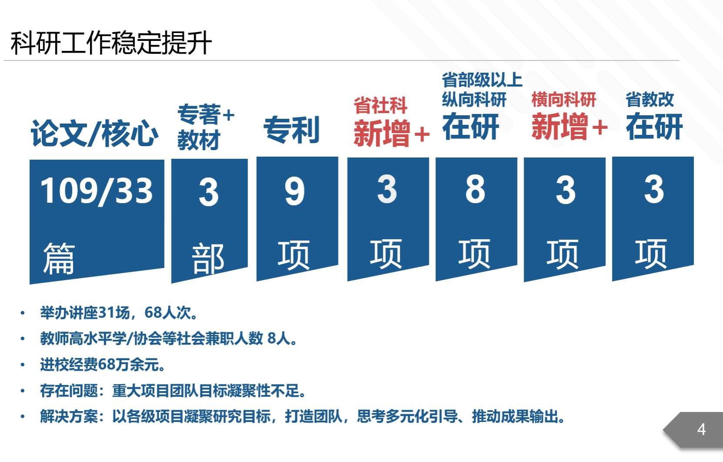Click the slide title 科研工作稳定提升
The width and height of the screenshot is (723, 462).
111,43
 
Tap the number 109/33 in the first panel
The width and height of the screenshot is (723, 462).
97,191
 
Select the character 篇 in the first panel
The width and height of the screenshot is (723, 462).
59,258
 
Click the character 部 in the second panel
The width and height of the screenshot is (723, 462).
208,258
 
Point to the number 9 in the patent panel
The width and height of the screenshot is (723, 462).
295,191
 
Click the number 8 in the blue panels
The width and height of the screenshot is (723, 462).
475,189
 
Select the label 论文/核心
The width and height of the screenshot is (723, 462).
94,133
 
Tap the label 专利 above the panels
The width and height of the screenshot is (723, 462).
291,130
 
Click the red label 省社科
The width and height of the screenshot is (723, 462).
380,105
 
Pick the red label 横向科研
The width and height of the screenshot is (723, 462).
563,100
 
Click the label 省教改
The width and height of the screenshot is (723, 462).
650,100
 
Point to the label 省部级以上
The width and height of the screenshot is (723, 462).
482,80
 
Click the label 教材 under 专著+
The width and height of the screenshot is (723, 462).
199,140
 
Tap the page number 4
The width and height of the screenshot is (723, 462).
701,429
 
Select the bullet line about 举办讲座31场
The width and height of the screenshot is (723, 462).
118,313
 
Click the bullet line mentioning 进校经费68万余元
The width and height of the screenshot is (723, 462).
102,365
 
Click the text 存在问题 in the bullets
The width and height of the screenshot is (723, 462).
69,391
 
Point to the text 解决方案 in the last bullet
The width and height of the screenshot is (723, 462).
69,416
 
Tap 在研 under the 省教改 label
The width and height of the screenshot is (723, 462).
654,127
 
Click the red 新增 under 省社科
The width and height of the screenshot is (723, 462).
382,133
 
